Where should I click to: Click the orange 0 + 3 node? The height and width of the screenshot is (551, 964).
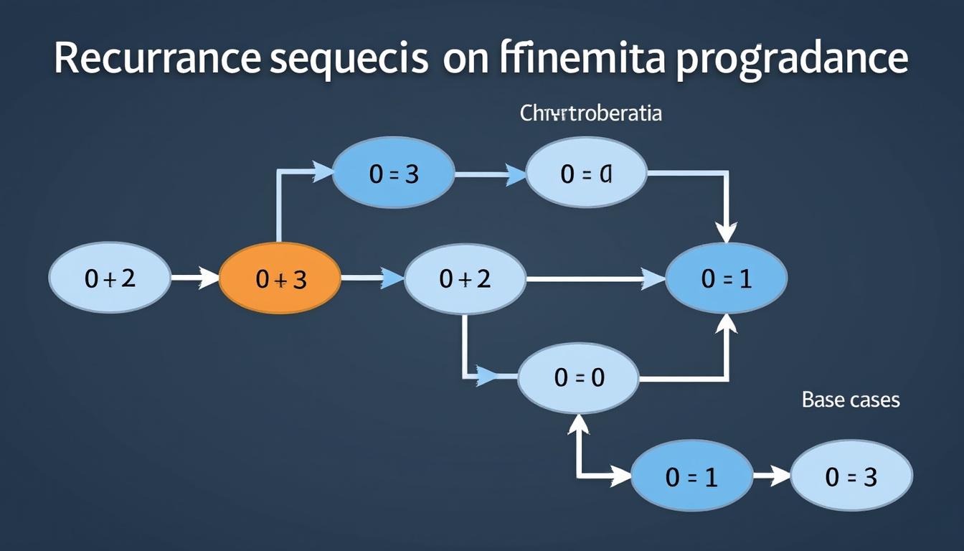[x=280, y=278]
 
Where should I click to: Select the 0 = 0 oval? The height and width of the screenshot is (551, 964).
[x=578, y=377]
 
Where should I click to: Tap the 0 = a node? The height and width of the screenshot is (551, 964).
[x=587, y=173]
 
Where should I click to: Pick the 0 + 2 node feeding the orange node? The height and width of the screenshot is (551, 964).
[x=110, y=278]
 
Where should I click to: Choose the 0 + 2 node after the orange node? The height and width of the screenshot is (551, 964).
[x=465, y=278]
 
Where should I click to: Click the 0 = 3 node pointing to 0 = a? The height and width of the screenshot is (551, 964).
[x=393, y=173]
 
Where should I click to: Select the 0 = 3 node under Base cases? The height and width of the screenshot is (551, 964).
[x=851, y=476]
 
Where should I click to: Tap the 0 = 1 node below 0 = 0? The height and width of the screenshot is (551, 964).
[x=691, y=476]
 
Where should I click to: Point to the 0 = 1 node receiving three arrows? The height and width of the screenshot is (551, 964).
[x=726, y=278]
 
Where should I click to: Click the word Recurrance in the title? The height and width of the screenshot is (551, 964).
[x=156, y=59]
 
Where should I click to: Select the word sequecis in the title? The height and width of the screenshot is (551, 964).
[x=349, y=59]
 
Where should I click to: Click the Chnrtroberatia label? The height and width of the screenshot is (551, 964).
[x=590, y=113]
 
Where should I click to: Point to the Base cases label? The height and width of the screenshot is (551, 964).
[x=850, y=400]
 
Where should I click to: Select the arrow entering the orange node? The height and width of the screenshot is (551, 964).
[x=194, y=278]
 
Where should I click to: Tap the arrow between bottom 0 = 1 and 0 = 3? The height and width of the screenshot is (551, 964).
[x=772, y=476]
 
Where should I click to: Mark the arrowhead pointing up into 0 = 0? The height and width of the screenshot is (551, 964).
[x=579, y=425]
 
